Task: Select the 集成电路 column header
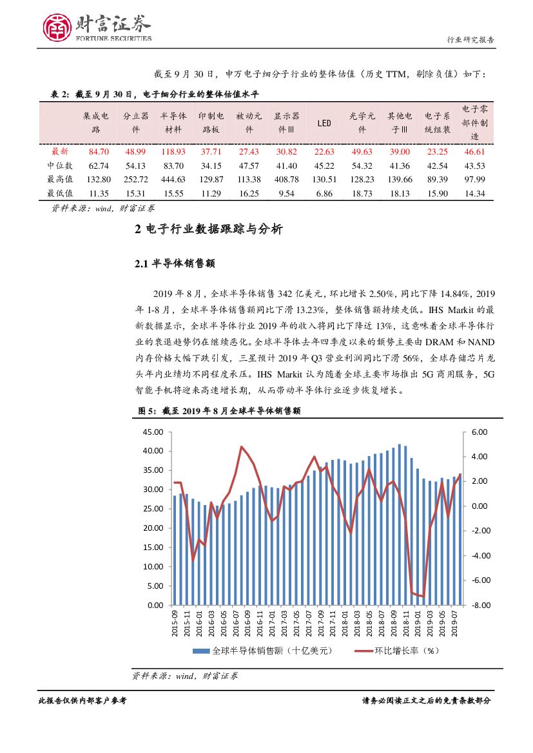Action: click(x=96, y=122)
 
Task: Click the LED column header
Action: click(x=324, y=122)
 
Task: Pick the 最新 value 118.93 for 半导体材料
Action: click(x=173, y=151)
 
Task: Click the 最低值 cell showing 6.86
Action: click(x=324, y=193)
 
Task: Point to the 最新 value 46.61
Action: click(x=474, y=151)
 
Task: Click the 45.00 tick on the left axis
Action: click(x=155, y=432)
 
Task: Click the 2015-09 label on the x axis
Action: click(x=175, y=624)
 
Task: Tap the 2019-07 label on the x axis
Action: click(x=454, y=624)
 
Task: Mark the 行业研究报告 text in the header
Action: click(x=470, y=40)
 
